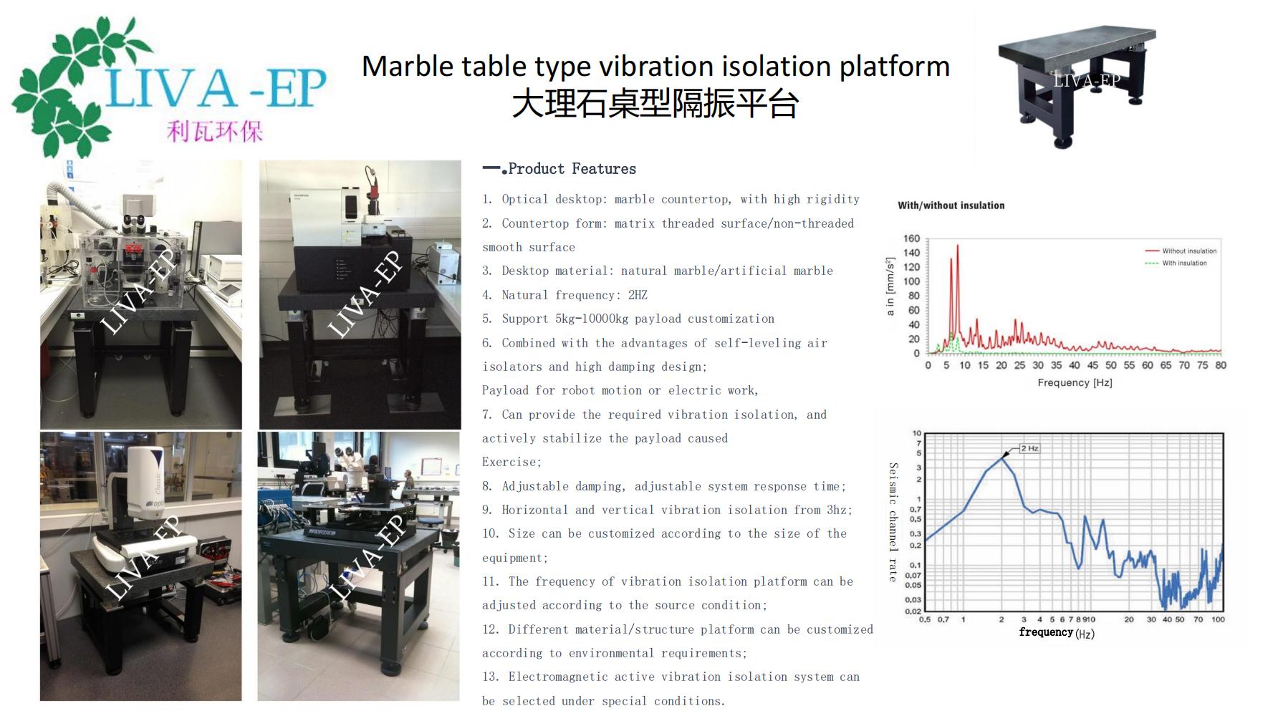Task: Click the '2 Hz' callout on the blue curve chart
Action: [x=1029, y=448]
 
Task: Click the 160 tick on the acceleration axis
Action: [x=911, y=238]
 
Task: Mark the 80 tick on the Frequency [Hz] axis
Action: [x=1221, y=365]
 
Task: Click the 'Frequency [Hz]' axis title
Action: [x=1075, y=383]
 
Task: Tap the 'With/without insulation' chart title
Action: [x=951, y=205]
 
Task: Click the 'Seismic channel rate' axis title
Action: [x=893, y=522]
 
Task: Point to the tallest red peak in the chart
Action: [x=957, y=246]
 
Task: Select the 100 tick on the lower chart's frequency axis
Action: [x=1218, y=620]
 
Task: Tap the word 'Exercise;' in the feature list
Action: [x=511, y=463]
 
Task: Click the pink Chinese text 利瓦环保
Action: [x=215, y=132]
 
